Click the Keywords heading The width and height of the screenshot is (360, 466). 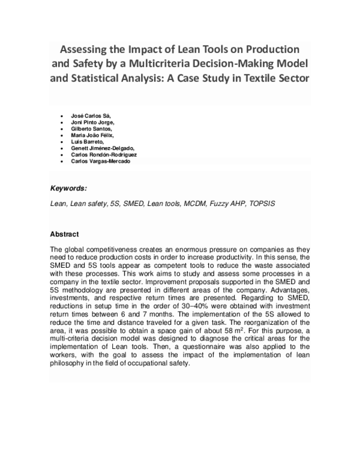[x=69, y=187]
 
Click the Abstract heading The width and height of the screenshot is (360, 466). [x=65, y=234]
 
